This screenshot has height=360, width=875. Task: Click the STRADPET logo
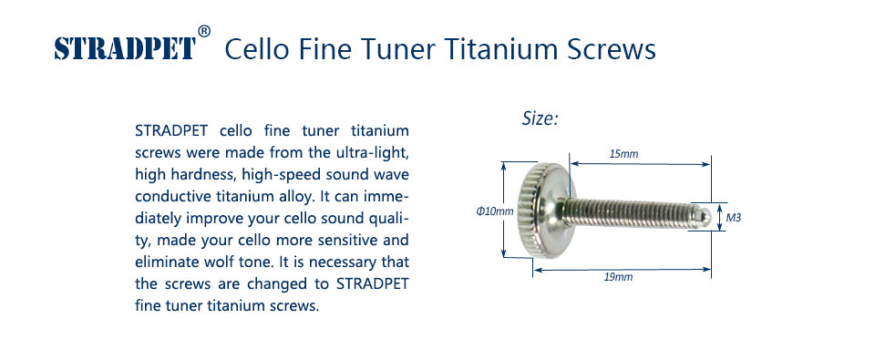click(x=126, y=48)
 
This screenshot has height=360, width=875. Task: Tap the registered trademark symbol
click(x=204, y=31)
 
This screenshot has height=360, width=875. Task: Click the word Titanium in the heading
click(x=499, y=49)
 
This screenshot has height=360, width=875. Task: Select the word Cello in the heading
click(x=257, y=49)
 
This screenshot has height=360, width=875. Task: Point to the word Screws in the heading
click(x=611, y=50)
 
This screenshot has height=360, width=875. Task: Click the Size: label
click(x=540, y=118)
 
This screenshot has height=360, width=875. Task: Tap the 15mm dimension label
click(x=623, y=154)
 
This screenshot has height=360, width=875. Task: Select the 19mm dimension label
click(x=618, y=277)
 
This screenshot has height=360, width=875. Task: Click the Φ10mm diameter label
click(x=494, y=211)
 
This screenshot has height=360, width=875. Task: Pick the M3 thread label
click(x=733, y=218)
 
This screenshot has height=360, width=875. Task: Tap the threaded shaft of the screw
click(x=629, y=214)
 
